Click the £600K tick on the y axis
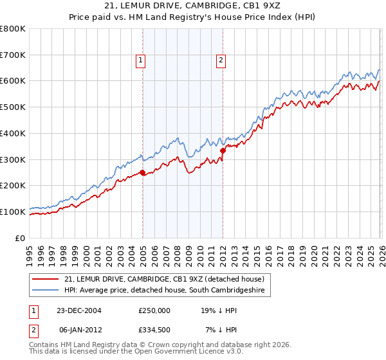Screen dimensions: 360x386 tap(13, 81)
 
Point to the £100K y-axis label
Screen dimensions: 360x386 tap(13, 212)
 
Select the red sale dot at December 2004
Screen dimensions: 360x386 tap(143, 172)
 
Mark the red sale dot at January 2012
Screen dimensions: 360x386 tap(223, 150)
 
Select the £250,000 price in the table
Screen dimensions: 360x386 tap(154, 310)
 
